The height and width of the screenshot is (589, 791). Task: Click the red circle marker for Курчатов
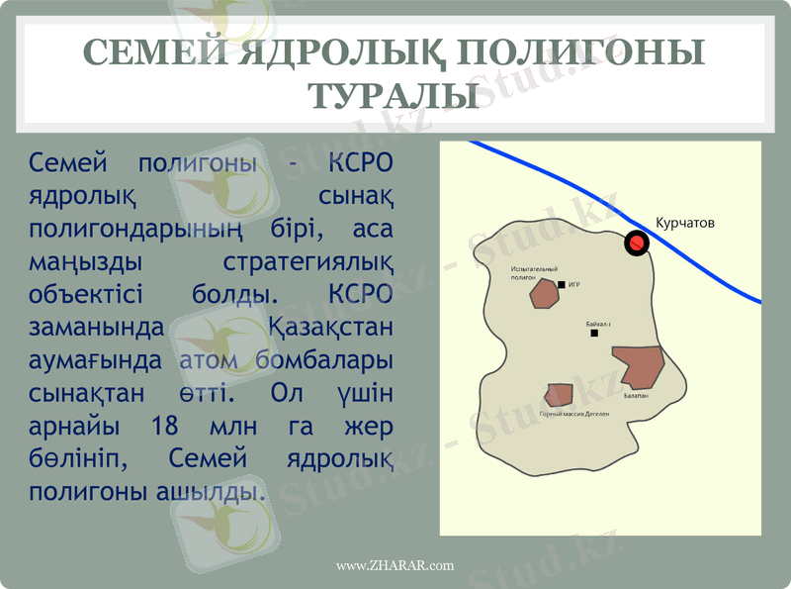(637, 242)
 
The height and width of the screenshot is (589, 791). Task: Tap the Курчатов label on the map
(684, 224)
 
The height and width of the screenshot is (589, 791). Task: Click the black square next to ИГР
(562, 284)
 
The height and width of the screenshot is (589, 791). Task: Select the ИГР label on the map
(573, 284)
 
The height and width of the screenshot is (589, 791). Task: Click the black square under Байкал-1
(594, 334)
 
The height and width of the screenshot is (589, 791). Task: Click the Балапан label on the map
(636, 395)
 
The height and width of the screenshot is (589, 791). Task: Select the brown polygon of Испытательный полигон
(544, 294)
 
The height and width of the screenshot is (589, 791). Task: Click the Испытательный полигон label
(534, 273)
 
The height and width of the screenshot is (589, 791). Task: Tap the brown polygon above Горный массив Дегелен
(559, 395)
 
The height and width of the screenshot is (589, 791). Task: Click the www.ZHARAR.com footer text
(395, 565)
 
